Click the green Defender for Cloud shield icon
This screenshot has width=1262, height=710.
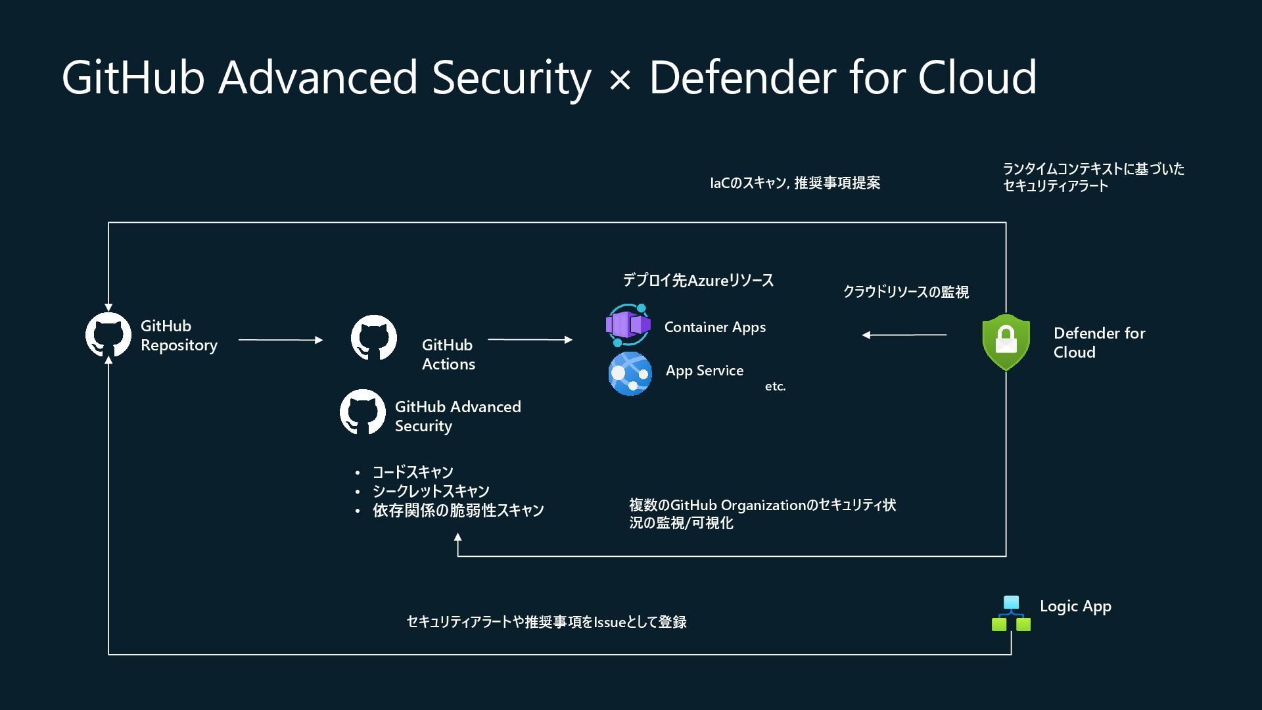1006,341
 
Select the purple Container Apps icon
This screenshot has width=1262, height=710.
628,325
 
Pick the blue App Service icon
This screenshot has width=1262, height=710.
630,373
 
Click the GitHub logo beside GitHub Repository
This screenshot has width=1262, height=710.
108,335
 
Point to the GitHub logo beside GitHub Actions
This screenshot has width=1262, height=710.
374,338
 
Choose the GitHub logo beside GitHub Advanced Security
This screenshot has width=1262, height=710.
363,412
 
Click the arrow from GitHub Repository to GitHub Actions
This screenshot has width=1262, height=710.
281,340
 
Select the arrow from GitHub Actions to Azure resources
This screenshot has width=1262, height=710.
530,340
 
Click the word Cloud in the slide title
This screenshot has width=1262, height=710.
977,78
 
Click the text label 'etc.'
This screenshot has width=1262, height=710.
775,387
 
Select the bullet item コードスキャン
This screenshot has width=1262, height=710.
413,472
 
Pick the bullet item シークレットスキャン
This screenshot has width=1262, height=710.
431,491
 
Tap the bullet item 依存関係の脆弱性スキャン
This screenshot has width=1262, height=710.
458,510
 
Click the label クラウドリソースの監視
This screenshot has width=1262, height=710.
906,292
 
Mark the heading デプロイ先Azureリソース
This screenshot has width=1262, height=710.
698,281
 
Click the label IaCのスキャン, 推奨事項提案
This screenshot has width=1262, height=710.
795,183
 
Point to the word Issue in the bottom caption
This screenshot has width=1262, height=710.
609,622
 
